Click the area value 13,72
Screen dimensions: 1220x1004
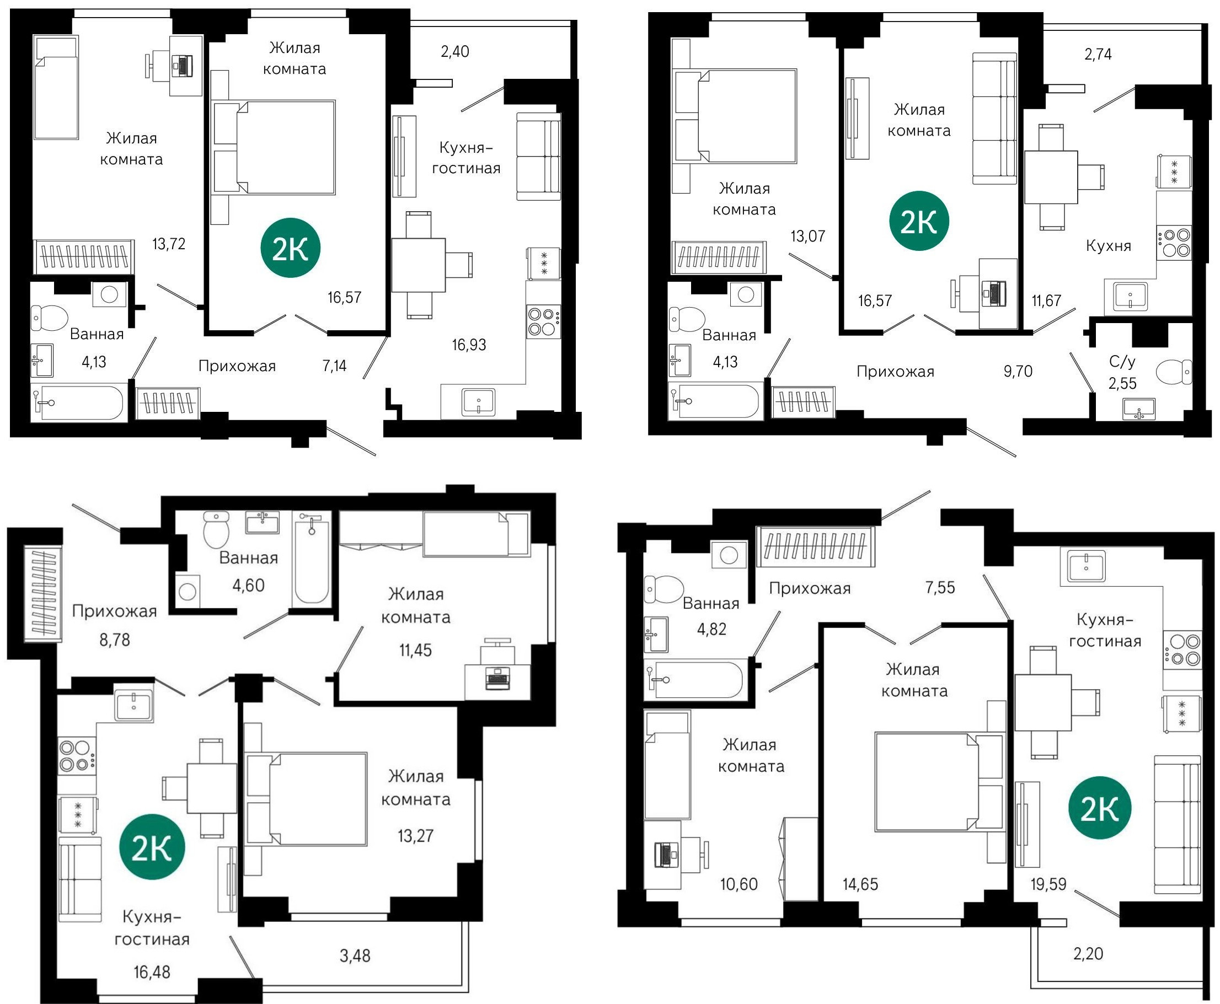pos(169,244)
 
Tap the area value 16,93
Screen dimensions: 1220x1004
pos(469,345)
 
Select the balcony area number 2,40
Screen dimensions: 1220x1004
pos(454,52)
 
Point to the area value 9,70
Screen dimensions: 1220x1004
pos(1018,371)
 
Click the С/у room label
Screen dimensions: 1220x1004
pos(1122,362)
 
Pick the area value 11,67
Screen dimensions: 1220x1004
pos(1046,300)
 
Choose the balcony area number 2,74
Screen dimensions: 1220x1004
pos(1098,55)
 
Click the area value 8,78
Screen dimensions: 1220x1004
pos(115,640)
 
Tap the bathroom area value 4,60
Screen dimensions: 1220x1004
pos(248,586)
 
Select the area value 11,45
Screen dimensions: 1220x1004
pos(415,650)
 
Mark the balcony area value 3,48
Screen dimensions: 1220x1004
pos(355,956)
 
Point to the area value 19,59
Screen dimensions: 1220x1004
pos(1048,884)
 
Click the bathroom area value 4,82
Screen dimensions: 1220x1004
pos(711,629)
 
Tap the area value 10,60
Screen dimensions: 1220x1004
pos(739,884)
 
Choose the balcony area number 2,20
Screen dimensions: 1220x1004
pos(1088,954)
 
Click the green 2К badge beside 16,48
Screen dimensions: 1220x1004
pos(152,847)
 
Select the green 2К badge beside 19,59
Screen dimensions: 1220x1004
pos(1099,808)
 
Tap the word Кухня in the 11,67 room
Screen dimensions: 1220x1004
pos(1108,246)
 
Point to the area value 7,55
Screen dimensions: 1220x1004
pos(940,588)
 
